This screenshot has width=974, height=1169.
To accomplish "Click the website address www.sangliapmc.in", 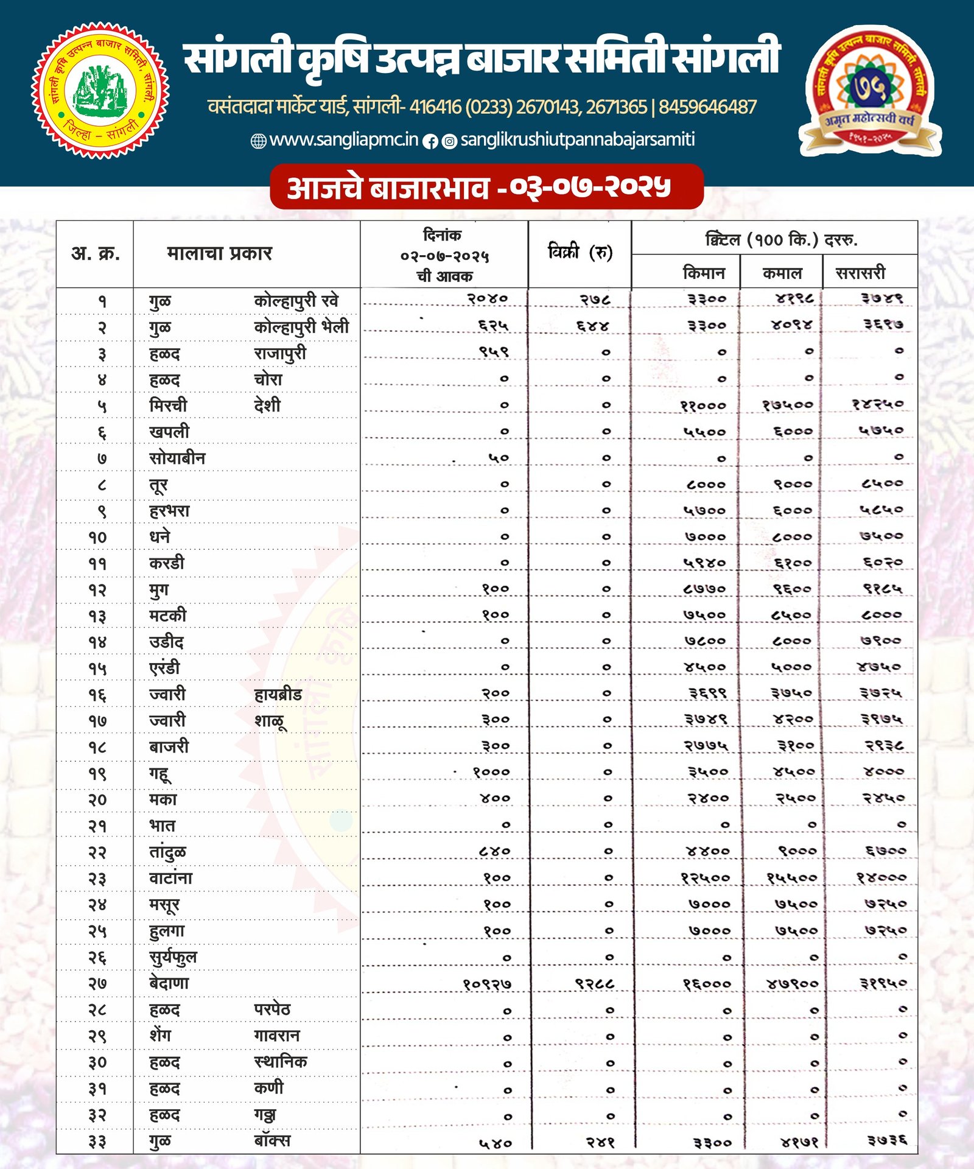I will pyautogui.click(x=343, y=140).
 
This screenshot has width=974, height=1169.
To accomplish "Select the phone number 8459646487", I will pyautogui.click(x=707, y=108).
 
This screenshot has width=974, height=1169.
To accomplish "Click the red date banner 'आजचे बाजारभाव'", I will pyautogui.click(x=486, y=188).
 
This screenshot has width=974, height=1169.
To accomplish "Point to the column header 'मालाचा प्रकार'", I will pyautogui.click(x=219, y=253).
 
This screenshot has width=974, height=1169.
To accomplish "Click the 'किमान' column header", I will pyautogui.click(x=704, y=273).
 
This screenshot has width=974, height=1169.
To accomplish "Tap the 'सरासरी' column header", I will pyautogui.click(x=860, y=273).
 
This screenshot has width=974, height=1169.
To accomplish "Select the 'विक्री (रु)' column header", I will pyautogui.click(x=580, y=252).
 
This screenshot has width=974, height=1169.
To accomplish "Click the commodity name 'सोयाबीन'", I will pyautogui.click(x=177, y=458).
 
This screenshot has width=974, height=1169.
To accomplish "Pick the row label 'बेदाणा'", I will pyautogui.click(x=169, y=983).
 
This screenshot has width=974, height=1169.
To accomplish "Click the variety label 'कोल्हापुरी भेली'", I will pyautogui.click(x=301, y=327).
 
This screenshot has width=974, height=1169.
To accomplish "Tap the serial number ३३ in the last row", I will pyautogui.click(x=97, y=1141).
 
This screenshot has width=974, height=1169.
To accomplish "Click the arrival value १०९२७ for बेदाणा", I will pyautogui.click(x=487, y=984).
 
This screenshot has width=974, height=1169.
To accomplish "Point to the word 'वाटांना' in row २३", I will pyautogui.click(x=170, y=878).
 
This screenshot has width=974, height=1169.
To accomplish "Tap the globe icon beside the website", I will pyautogui.click(x=259, y=141).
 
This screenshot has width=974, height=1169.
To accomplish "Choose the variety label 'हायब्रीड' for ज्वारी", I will pyautogui.click(x=278, y=694).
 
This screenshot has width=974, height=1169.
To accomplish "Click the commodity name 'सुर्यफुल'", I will pyautogui.click(x=173, y=958).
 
